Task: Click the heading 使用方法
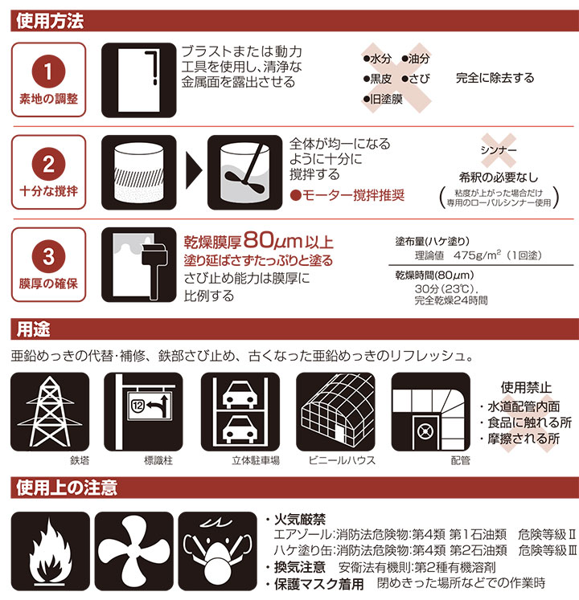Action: [50, 21]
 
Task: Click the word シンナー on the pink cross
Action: [498, 151]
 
